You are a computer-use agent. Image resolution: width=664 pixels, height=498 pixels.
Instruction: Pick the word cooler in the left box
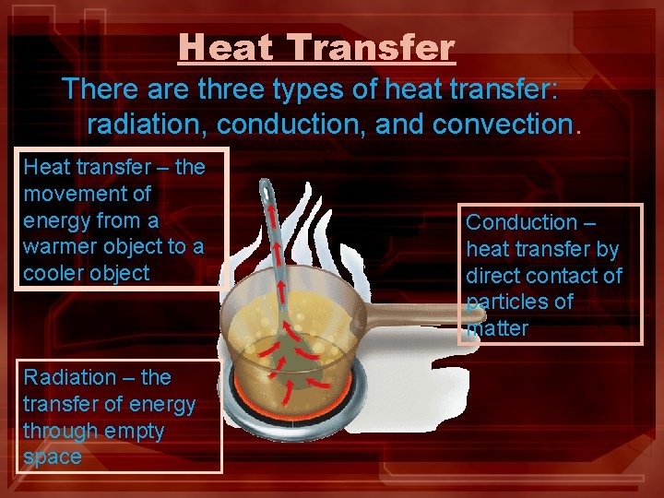pyautogui.click(x=52, y=274)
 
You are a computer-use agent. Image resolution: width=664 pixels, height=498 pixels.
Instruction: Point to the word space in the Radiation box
pyautogui.click(x=52, y=457)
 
